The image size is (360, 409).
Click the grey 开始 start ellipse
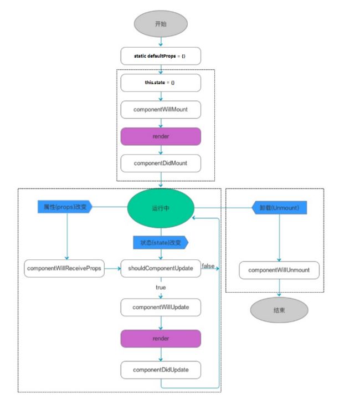point(161,24)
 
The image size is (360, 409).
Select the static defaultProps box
point(161,56)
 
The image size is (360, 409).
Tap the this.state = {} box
point(161,83)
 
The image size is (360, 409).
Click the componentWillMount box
point(161,110)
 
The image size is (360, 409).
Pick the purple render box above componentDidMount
point(161,136)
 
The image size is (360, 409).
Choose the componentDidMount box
point(161,163)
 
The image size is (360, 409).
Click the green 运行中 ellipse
point(161,208)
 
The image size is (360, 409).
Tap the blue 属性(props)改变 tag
point(65,207)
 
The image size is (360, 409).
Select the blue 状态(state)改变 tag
point(161,243)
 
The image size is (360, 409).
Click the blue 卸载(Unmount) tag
point(279,208)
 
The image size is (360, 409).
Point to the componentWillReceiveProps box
point(64,268)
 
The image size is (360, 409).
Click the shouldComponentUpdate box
point(161,268)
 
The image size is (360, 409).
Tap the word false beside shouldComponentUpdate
point(208,266)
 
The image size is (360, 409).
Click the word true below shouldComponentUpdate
point(161,288)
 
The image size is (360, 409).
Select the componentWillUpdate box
point(161,307)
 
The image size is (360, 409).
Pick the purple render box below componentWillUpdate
point(161,339)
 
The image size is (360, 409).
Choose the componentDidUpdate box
point(161,370)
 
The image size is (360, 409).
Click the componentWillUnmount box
point(279,270)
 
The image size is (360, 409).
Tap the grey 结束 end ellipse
point(279,310)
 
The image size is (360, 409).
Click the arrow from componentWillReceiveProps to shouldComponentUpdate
point(112,268)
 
